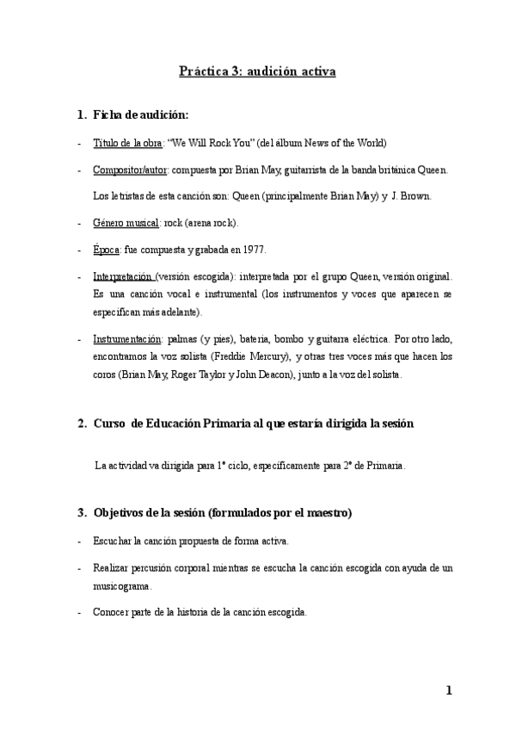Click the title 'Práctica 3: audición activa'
[257, 71]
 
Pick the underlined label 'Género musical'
[126, 223]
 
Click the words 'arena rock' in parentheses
[210, 223]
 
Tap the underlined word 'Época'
[106, 250]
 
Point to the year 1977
[254, 250]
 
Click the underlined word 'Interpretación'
[122, 276]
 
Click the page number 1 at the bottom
[449, 691]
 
